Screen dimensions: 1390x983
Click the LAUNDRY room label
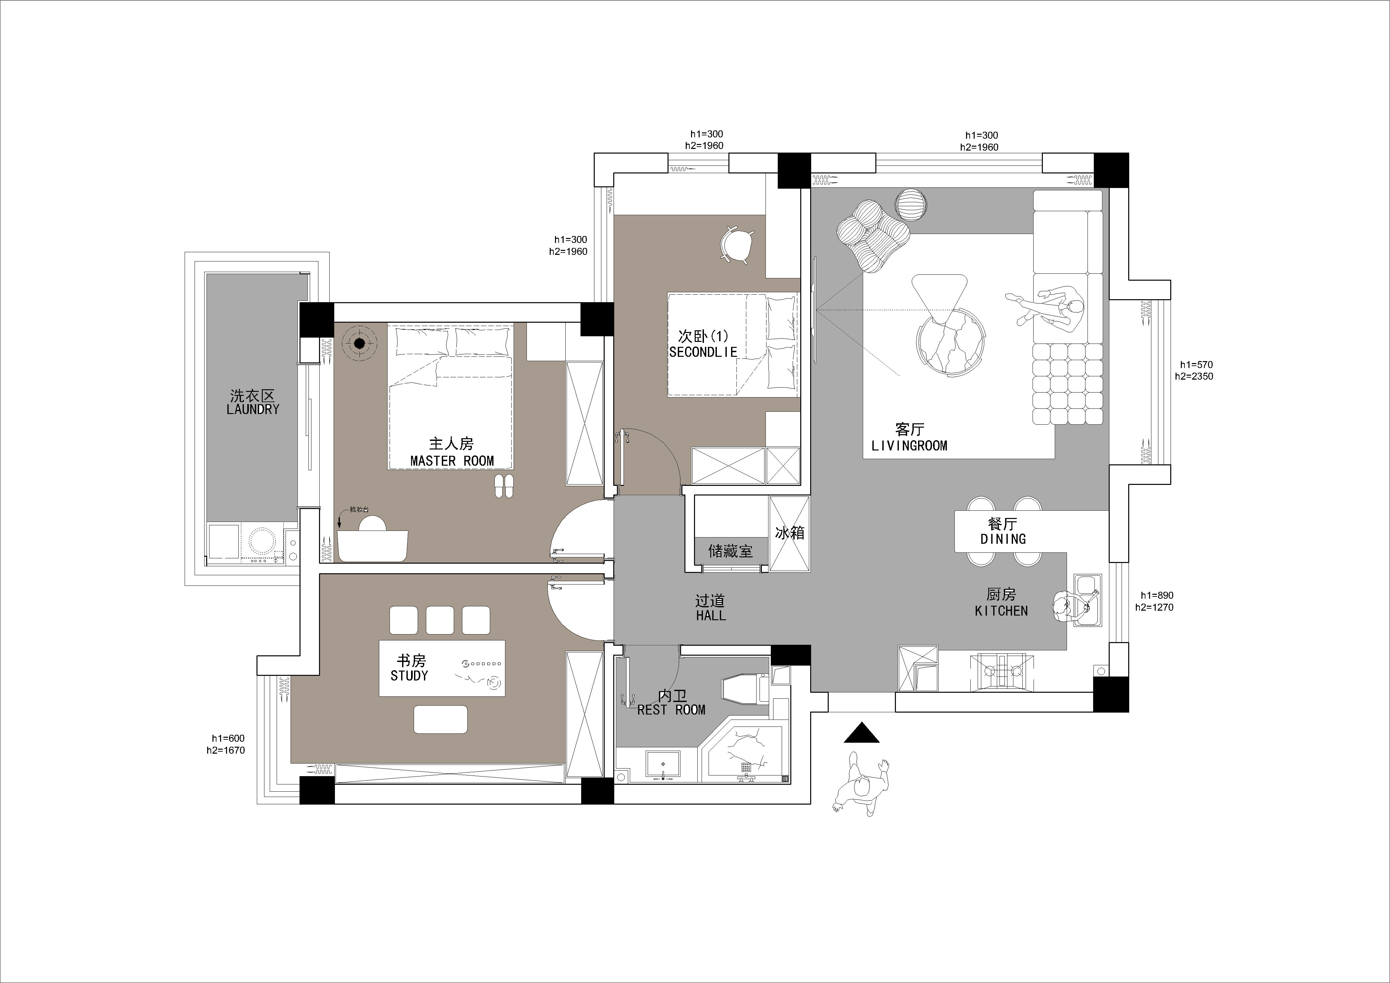pyautogui.click(x=253, y=409)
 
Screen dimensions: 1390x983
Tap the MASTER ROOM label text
pyautogui.click(x=452, y=461)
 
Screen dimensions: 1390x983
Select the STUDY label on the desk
pyautogui.click(x=409, y=676)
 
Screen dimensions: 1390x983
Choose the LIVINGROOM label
pyautogui.click(x=909, y=445)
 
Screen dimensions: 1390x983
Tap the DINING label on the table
pyautogui.click(x=1003, y=539)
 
